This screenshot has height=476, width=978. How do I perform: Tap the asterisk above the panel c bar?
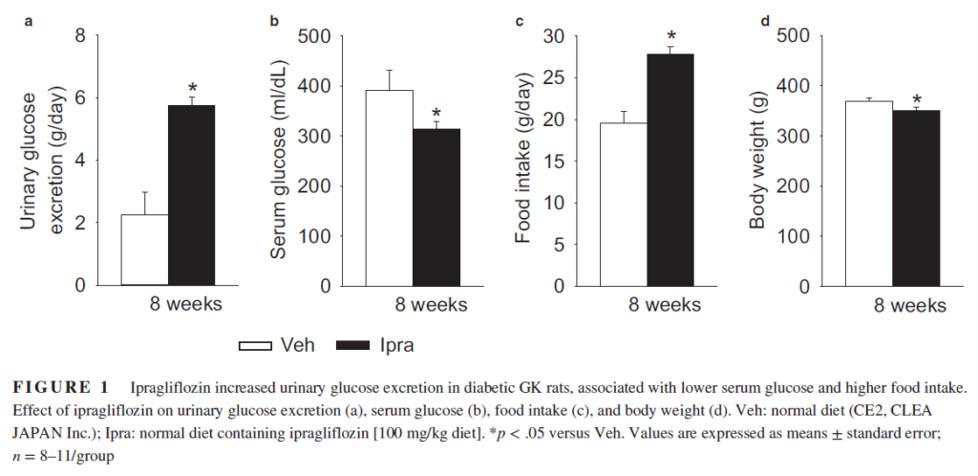click(671, 37)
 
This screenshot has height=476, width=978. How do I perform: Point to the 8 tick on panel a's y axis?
click(79, 36)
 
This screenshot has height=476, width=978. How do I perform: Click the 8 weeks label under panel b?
click(431, 305)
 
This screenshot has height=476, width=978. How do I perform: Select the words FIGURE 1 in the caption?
click(58, 388)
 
